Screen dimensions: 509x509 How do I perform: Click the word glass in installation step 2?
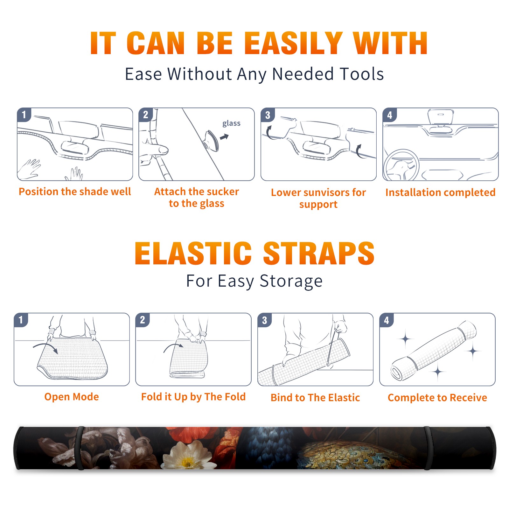click(x=231, y=123)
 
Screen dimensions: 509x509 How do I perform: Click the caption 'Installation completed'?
click(x=440, y=192)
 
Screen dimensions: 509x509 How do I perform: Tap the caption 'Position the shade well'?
click(x=75, y=192)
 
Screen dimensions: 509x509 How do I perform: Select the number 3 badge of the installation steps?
click(x=268, y=115)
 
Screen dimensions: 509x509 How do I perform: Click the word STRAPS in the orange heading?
click(x=319, y=253)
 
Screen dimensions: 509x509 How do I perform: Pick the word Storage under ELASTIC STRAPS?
click(x=291, y=282)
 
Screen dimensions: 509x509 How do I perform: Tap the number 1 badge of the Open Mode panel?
click(x=21, y=320)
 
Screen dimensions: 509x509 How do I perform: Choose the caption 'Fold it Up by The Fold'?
click(x=193, y=397)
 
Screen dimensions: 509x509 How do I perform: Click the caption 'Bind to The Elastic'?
click(x=315, y=398)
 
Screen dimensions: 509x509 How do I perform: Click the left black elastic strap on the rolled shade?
click(x=80, y=448)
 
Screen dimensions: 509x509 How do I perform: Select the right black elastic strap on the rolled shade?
click(x=427, y=448)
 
